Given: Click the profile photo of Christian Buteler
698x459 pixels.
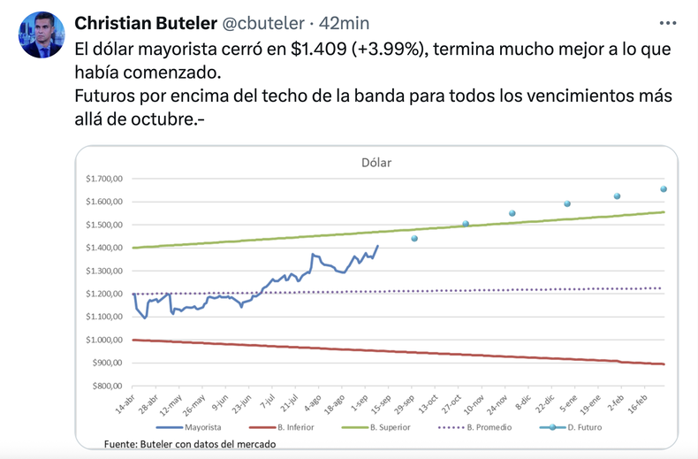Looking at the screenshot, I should [42, 35].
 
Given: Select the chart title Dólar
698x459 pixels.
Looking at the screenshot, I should [376, 163].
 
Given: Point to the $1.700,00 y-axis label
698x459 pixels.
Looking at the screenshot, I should [102, 180].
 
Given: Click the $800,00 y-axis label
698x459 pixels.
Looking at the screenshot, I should [106, 386].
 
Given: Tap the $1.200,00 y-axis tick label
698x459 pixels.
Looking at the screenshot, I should [102, 294].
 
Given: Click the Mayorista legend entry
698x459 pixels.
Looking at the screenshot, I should [203, 427].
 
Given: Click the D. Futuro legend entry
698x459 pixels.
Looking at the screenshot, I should [581, 427].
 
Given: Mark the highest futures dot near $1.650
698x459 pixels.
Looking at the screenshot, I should [664, 188].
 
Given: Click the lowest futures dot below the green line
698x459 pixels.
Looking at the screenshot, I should [414, 238].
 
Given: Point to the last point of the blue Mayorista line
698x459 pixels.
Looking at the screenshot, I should [378, 246].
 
